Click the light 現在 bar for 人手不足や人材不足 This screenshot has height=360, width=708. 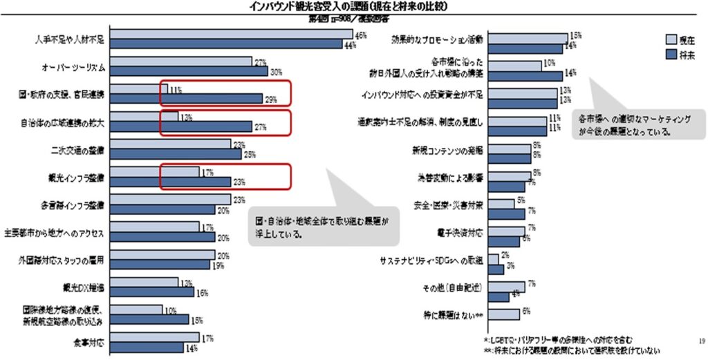click(x=232, y=35)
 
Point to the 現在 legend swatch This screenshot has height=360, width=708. click(x=670, y=39)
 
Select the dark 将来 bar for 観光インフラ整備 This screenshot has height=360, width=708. click(x=170, y=182)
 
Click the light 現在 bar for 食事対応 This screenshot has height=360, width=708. click(x=155, y=339)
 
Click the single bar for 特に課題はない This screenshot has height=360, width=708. click(x=503, y=314)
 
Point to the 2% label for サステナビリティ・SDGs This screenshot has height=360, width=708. click(x=505, y=255)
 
